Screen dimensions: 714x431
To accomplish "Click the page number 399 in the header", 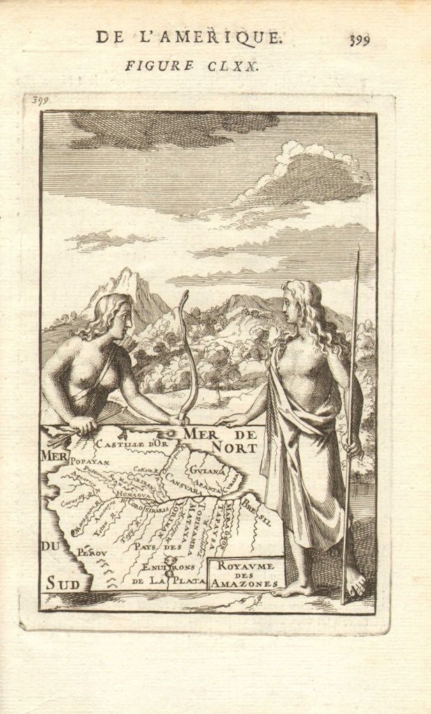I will pyautogui.click(x=359, y=39).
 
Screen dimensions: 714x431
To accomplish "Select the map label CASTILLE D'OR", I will pyautogui.click(x=132, y=443).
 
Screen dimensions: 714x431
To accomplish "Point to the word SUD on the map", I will pyautogui.click(x=63, y=582).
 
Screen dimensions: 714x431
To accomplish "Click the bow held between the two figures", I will pyautogui.click(x=188, y=356).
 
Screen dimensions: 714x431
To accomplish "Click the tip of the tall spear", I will pyautogui.click(x=358, y=255).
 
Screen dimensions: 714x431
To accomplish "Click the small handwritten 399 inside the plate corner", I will pyautogui.click(x=40, y=100).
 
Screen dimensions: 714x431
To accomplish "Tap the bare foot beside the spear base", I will pyautogui.click(x=354, y=582).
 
